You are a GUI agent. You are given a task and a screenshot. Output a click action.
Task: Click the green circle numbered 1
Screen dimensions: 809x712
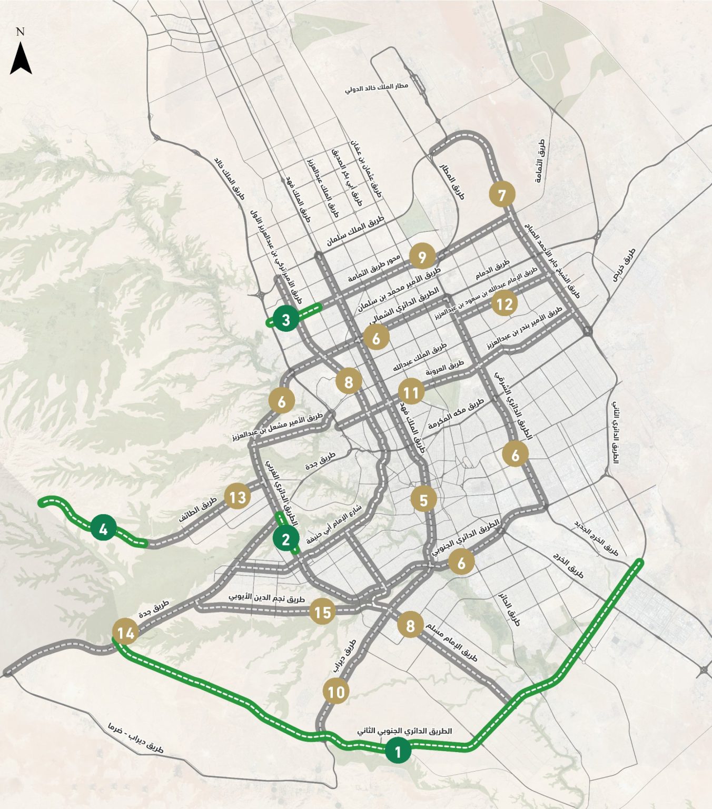(x=398, y=751)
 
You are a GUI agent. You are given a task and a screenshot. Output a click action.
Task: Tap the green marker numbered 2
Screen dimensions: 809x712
(x=286, y=538)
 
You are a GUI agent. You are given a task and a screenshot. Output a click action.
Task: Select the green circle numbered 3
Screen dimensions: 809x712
(x=286, y=319)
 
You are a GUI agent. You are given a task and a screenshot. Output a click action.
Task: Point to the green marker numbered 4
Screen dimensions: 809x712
(x=103, y=528)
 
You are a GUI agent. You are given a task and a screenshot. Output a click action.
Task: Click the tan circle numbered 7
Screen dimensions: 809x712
(x=502, y=195)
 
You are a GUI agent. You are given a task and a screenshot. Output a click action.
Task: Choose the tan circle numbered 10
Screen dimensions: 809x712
(x=336, y=691)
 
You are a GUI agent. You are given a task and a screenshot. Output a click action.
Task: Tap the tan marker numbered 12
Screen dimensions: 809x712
(x=504, y=303)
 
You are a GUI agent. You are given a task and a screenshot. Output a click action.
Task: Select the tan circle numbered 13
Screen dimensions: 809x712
(x=238, y=497)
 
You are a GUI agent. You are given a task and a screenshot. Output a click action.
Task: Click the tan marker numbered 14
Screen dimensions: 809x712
(x=126, y=632)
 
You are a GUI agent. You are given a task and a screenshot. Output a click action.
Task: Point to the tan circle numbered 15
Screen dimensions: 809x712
(x=322, y=611)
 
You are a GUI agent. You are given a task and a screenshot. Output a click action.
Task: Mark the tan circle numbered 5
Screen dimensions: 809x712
(x=424, y=499)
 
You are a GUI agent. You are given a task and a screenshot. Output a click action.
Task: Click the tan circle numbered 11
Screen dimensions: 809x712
(x=411, y=392)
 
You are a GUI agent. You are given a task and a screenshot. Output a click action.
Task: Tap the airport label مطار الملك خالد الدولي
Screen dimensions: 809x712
(x=377, y=87)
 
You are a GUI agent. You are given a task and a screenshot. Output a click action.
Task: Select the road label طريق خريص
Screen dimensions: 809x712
(x=624, y=265)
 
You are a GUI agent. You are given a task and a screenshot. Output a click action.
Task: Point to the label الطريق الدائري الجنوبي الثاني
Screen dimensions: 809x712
(x=404, y=731)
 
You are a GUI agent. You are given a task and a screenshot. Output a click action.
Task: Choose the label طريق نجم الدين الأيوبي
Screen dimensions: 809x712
(x=267, y=598)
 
